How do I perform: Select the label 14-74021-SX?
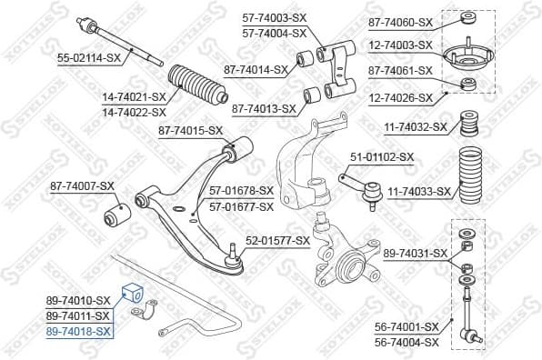coord(133,96)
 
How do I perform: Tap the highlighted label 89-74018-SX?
coord(77,333)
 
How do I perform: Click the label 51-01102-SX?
coord(382,156)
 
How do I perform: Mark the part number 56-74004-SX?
coord(406,342)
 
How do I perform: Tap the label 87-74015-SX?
coord(190,131)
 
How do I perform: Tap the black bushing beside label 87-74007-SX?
coord(118,215)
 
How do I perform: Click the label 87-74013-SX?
coord(264,108)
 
